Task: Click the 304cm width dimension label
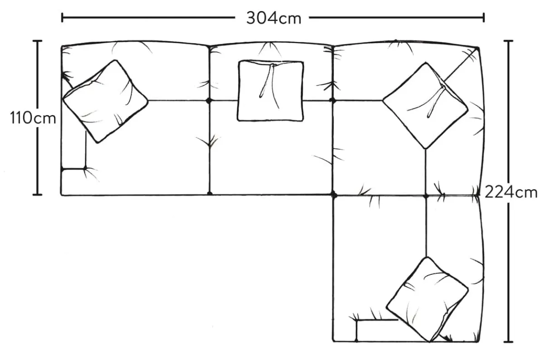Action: pyautogui.click(x=274, y=18)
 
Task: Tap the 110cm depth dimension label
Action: pyautogui.click(x=33, y=118)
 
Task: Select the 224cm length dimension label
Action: pyautogui.click(x=511, y=192)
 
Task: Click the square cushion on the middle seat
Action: pyautogui.click(x=271, y=91)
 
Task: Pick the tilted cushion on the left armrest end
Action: pyautogui.click(x=105, y=101)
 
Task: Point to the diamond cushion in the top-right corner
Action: pyautogui.click(x=425, y=105)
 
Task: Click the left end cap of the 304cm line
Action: pyautogui.click(x=62, y=18)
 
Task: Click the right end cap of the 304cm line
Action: pyautogui.click(x=484, y=18)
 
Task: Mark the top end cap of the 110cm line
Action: pyautogui.click(x=38, y=41)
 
